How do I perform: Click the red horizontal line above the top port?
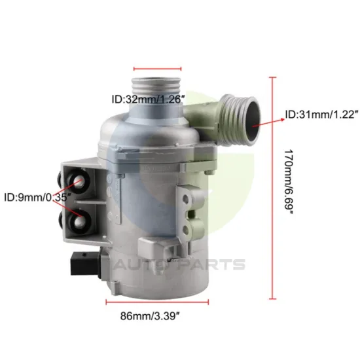pos(157,67)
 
